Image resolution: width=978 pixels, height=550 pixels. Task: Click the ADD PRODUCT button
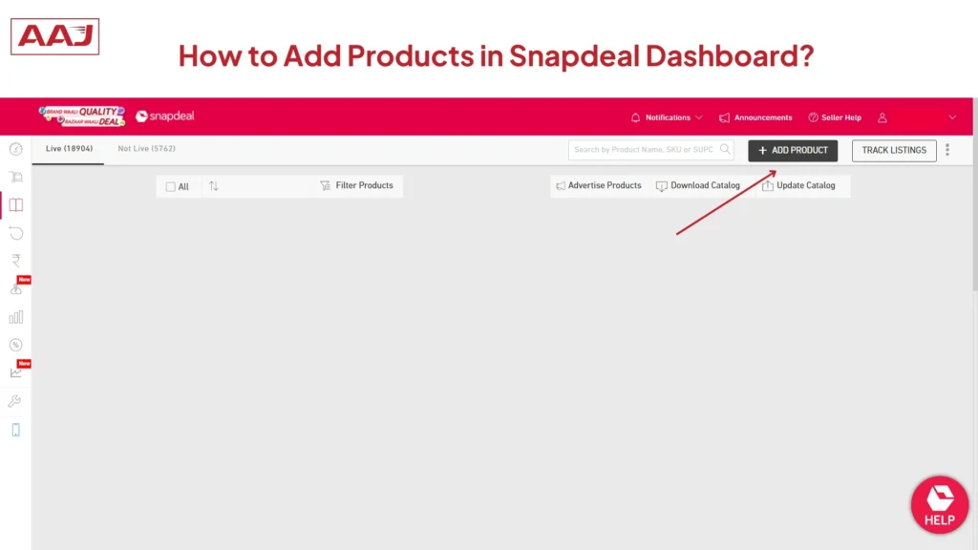tap(793, 150)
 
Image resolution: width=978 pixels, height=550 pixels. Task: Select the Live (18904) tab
tap(69, 149)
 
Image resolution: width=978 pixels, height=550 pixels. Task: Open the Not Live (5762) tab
tap(146, 149)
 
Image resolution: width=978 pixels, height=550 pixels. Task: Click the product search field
tap(645, 150)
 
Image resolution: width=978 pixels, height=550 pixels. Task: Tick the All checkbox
tap(171, 187)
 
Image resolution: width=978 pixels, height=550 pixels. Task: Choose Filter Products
tap(356, 185)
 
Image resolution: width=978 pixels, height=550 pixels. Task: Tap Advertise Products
tap(599, 185)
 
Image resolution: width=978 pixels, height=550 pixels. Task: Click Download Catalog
tap(698, 185)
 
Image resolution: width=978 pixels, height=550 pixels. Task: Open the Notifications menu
tap(667, 117)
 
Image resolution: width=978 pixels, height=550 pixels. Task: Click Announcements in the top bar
tap(755, 117)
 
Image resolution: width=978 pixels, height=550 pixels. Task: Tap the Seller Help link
tap(835, 117)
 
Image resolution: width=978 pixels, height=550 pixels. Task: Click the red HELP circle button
tap(939, 504)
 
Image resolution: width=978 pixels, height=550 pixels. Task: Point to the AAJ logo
tap(54, 36)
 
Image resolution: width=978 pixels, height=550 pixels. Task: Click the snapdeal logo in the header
tap(165, 116)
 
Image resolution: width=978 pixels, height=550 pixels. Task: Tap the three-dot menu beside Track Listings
tap(947, 150)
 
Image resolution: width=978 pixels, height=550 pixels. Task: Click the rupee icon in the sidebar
tap(15, 261)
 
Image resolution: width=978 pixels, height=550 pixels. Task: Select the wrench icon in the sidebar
tap(14, 401)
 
